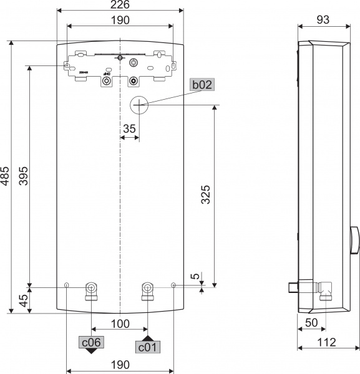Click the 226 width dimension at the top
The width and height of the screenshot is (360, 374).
point(120,6)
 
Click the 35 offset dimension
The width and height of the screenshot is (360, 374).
point(129,128)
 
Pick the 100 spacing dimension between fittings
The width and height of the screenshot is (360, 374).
point(120,324)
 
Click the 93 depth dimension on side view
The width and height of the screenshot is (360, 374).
point(323,20)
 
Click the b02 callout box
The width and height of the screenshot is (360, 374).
point(202,85)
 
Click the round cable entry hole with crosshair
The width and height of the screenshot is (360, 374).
point(140,105)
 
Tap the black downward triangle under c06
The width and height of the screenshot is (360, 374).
point(91,351)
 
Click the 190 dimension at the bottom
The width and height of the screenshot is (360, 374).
point(120,364)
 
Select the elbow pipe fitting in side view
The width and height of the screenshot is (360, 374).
point(326,290)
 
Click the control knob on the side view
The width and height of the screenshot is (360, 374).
point(355,242)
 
